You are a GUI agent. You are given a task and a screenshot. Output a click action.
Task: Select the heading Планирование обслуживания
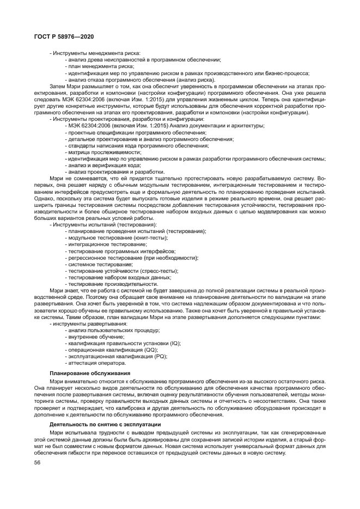pos(89,373)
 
